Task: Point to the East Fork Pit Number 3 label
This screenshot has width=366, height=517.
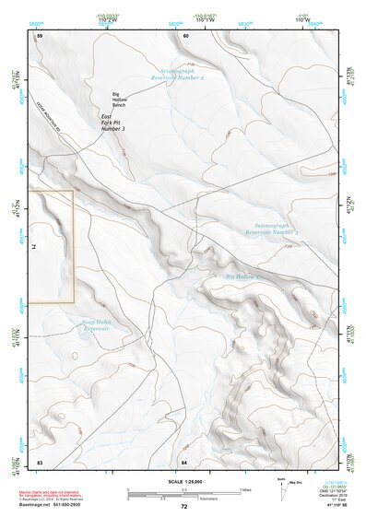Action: point(112,123)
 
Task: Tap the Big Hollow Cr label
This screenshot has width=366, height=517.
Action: point(245,276)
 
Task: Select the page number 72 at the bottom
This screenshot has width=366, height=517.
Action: point(184,508)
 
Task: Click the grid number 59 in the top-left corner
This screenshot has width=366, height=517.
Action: point(40,35)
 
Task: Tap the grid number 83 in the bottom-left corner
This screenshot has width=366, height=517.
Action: point(40,461)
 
